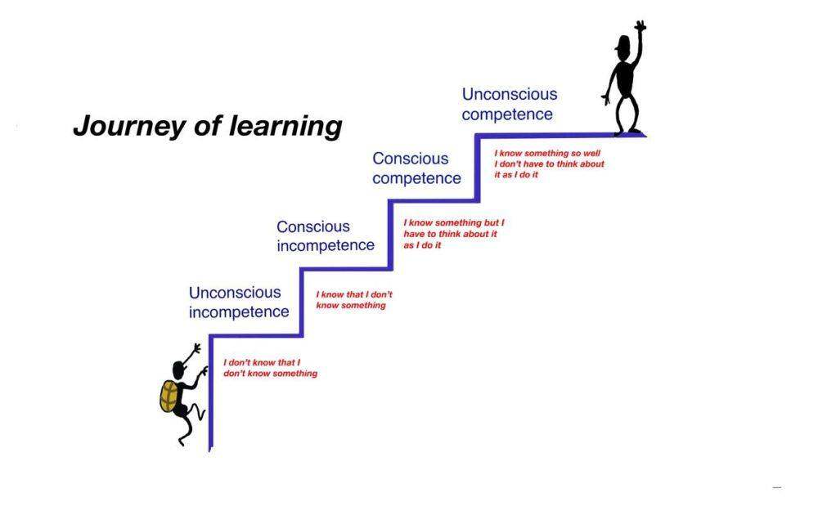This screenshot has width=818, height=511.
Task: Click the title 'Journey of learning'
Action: coord(208,126)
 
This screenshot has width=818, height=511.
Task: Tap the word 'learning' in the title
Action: coord(285,127)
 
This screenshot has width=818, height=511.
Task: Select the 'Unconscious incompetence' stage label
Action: coord(239,302)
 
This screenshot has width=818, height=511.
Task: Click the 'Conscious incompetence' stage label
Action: coord(326,236)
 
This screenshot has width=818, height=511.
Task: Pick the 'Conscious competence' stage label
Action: coord(417,168)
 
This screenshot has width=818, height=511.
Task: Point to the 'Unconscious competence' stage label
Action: coord(510,105)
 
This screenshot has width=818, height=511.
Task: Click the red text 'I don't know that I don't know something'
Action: coord(270,368)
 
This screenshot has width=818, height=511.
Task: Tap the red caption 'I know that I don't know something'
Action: coord(354,299)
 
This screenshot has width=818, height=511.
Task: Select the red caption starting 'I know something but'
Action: coord(454,234)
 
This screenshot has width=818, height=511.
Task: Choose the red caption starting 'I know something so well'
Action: coord(549,164)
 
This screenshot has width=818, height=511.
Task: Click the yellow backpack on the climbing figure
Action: coord(169,397)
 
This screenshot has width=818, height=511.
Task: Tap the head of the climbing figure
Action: coord(179,370)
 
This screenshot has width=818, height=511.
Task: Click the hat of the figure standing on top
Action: coord(622,43)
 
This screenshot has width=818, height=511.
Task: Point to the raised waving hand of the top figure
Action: coord(640,26)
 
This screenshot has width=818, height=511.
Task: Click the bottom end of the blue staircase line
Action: coord(210,450)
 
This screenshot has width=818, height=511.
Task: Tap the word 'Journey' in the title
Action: coord(129,127)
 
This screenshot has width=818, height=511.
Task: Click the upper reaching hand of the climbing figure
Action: coord(196,347)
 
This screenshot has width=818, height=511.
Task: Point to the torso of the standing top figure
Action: coord(624,78)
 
